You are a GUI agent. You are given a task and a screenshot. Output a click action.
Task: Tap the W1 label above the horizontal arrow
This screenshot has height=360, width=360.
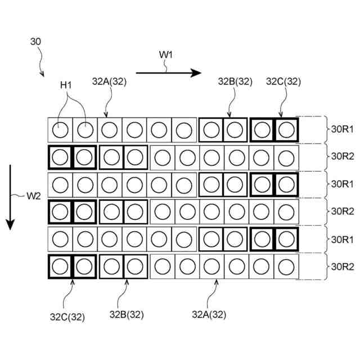(166, 55)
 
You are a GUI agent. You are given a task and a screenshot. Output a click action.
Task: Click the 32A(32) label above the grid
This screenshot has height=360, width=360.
(109, 81)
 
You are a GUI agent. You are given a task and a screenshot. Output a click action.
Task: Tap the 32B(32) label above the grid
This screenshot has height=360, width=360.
(235, 81)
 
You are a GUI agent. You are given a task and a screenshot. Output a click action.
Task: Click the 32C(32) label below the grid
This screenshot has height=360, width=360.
(66, 317)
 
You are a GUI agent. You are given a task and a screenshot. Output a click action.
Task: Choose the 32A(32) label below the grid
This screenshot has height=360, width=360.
(209, 314)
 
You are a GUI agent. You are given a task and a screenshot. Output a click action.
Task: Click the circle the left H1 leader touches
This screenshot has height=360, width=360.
(60, 130)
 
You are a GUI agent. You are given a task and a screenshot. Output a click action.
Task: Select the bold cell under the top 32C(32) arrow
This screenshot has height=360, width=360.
(286, 130)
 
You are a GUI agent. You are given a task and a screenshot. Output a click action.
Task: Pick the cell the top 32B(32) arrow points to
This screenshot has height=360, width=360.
(236, 130)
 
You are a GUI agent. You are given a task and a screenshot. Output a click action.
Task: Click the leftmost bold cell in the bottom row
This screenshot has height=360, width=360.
(60, 267)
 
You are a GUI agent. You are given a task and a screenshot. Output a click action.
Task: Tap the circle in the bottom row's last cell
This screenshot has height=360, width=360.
(286, 267)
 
